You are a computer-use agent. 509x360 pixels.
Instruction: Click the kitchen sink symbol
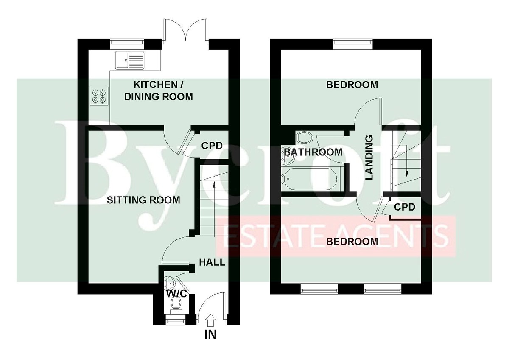[130, 60]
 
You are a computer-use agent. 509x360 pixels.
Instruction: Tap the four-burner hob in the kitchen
[99, 96]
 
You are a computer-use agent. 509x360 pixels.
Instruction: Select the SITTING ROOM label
[143, 200]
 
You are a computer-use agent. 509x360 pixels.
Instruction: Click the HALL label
[212, 262]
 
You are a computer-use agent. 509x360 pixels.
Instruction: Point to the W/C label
[176, 293]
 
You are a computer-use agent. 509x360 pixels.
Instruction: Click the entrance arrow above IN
[211, 320]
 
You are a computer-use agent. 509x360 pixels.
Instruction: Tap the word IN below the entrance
[210, 335]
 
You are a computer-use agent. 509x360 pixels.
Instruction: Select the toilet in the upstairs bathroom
[305, 138]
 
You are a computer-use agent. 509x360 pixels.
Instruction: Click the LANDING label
[369, 157]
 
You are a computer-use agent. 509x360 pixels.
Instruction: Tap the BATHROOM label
[313, 152]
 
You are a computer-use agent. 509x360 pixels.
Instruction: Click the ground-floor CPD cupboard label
[212, 146]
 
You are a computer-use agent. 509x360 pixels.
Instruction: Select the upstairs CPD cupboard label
[405, 207]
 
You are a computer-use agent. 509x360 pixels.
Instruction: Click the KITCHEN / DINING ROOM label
[158, 90]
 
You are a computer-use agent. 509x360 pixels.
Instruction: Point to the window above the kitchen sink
[127, 44]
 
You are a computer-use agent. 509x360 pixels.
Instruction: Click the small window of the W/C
[175, 321]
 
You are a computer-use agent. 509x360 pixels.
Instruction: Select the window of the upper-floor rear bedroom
[353, 44]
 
